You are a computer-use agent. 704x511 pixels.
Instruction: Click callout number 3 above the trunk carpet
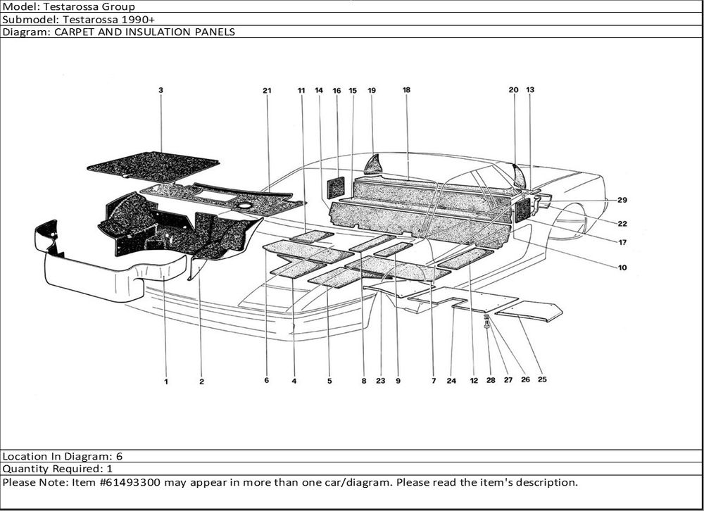[161, 90]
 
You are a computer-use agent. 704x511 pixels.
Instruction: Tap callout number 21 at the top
[267, 91]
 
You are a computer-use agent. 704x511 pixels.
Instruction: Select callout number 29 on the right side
[622, 200]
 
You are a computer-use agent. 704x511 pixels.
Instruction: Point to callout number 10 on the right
[622, 267]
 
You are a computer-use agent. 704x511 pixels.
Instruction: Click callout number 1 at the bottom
[166, 381]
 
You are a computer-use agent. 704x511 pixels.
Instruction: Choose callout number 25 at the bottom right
[542, 379]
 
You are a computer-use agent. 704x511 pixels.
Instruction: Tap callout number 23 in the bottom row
[381, 381]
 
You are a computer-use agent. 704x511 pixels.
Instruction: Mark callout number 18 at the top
[406, 90]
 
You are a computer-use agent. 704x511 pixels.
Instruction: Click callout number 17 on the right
[622, 242]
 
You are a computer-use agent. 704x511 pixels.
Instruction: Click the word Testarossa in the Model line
[89, 7]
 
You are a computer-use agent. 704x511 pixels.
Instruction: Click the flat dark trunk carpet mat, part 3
[153, 167]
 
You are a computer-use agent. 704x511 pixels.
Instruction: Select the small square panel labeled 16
[335, 188]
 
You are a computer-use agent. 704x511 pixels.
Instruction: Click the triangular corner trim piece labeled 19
[374, 165]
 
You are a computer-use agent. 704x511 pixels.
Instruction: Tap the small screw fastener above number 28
[487, 322]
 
